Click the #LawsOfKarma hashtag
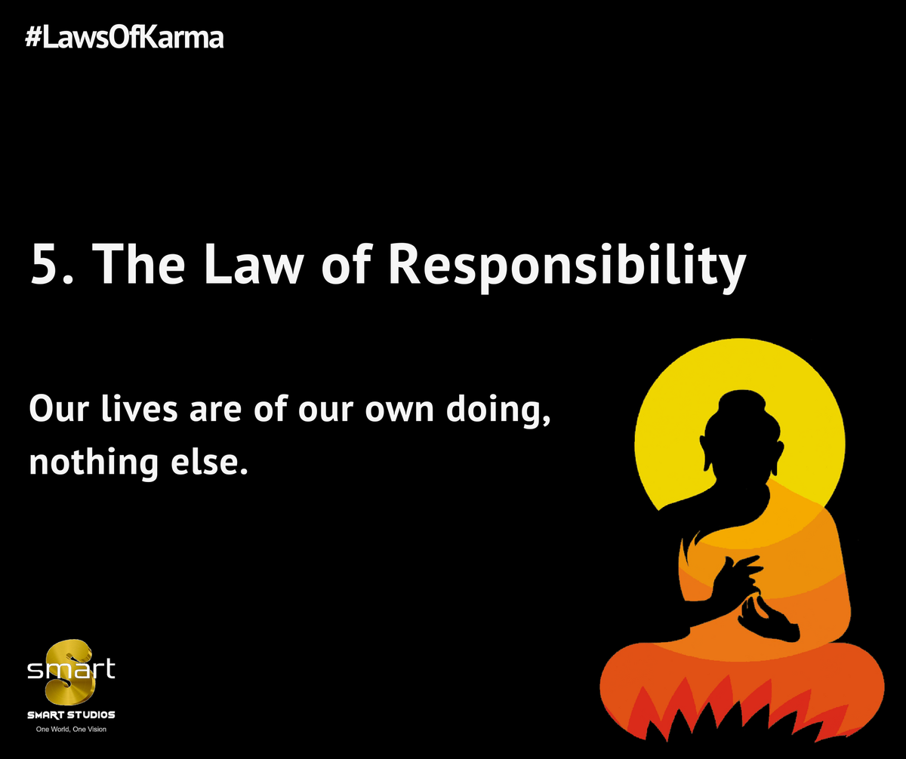click(125, 38)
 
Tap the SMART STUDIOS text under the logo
click(71, 714)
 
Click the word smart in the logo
click(71, 669)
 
